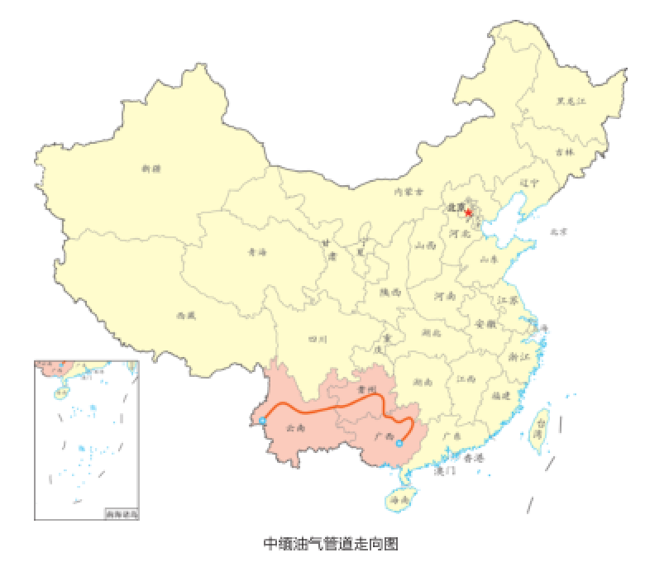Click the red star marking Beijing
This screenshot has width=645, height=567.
[469, 213]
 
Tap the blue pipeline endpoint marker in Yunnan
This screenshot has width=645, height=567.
[262, 421]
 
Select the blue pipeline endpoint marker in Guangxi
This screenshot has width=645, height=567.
[399, 444]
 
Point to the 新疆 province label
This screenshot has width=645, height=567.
[151, 169]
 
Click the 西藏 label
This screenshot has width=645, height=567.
[187, 315]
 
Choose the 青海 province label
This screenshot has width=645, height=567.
[257, 252]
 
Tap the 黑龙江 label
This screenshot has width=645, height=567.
[571, 102]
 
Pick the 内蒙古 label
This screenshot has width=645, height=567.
[408, 192]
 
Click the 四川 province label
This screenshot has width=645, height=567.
[318, 339]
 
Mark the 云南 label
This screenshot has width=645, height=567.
[295, 428]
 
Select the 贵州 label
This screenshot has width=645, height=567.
[366, 388]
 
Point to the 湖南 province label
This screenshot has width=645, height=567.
[423, 383]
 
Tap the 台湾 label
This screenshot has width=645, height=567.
[539, 427]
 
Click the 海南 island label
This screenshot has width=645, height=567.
[400, 501]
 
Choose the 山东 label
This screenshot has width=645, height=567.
[490, 259]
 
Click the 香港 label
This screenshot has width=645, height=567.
[473, 457]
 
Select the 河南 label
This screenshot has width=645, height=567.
[446, 295]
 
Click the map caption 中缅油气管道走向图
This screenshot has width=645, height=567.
[331, 544]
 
